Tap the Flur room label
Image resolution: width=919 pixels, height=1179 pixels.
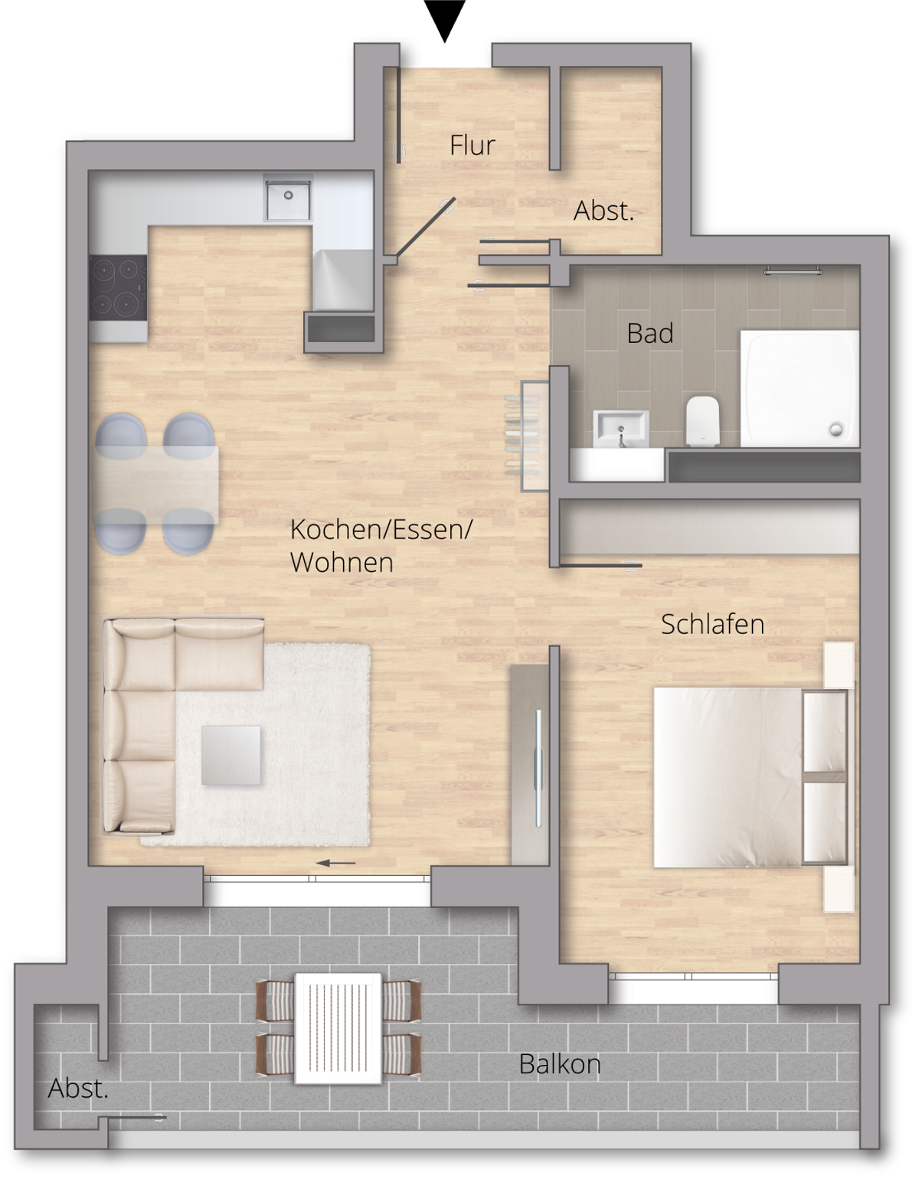(472, 145)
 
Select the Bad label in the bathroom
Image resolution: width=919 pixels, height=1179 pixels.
(650, 333)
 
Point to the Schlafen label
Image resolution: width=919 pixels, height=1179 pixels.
(712, 625)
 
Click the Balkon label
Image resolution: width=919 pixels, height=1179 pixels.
(560, 1064)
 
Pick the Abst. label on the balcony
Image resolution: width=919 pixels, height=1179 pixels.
(78, 1089)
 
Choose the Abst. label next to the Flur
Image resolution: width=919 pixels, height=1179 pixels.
(603, 211)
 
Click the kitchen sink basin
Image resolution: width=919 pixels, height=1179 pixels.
(287, 198)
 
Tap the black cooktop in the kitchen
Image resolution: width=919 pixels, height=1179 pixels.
(118, 287)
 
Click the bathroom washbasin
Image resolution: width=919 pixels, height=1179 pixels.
(620, 428)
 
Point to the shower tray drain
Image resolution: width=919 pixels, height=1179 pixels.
(836, 430)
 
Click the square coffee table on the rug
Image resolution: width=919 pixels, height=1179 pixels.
(231, 755)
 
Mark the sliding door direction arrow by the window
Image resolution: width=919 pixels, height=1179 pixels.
(335, 863)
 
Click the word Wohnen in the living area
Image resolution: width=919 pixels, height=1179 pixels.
(342, 563)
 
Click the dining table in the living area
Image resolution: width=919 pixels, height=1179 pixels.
(157, 485)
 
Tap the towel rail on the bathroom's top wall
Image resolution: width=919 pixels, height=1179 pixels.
(793, 270)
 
